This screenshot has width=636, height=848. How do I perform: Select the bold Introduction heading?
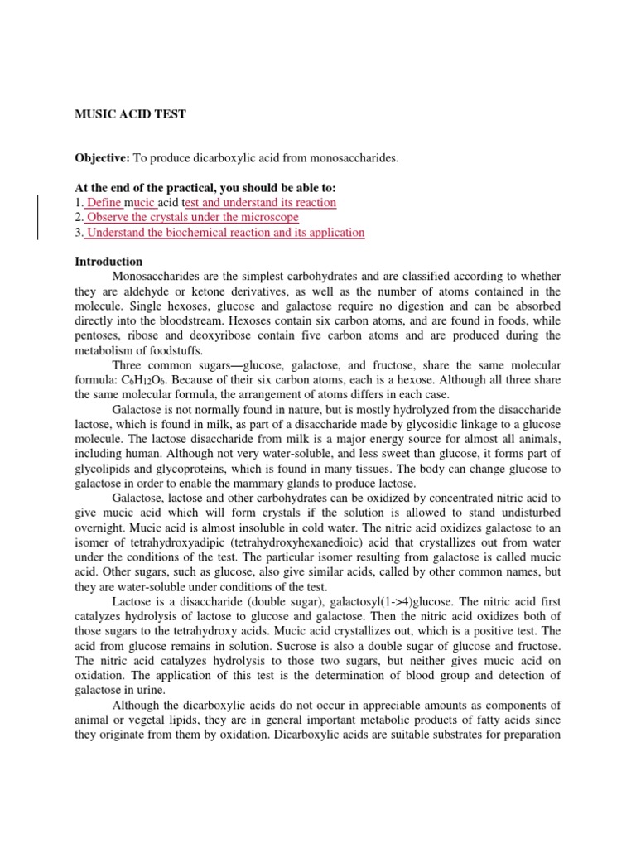[x=108, y=261]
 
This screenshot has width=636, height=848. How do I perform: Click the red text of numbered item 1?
[x=211, y=202]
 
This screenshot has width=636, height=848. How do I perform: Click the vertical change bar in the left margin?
[x=36, y=217]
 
